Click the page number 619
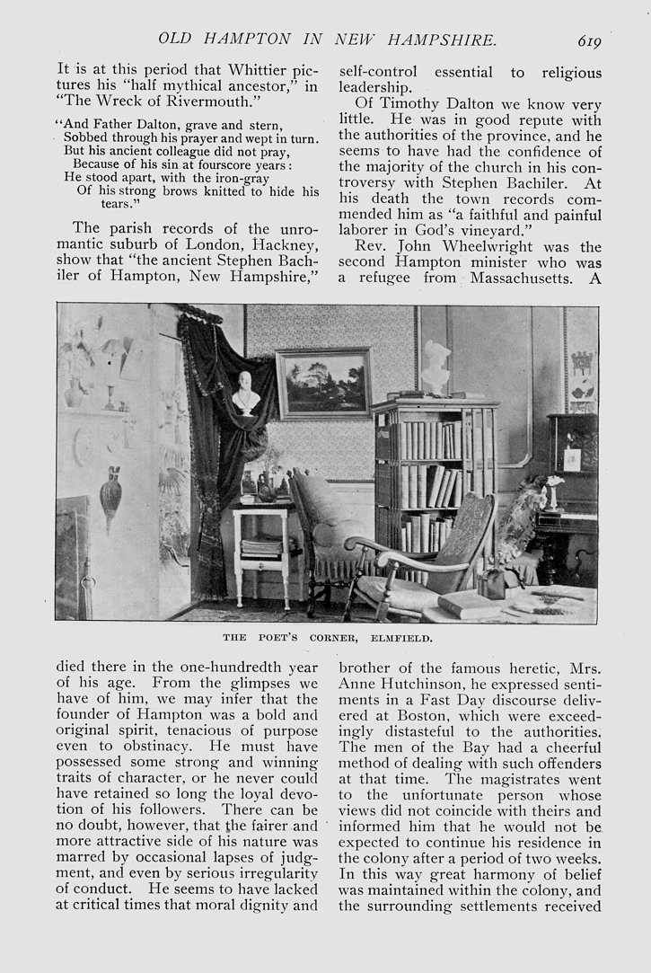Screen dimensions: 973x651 tap(589, 40)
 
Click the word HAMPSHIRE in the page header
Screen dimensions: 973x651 tap(440, 40)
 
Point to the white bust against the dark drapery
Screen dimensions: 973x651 tap(245, 394)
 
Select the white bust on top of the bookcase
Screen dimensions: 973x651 tap(436, 367)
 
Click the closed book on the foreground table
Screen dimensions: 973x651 tap(469, 604)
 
